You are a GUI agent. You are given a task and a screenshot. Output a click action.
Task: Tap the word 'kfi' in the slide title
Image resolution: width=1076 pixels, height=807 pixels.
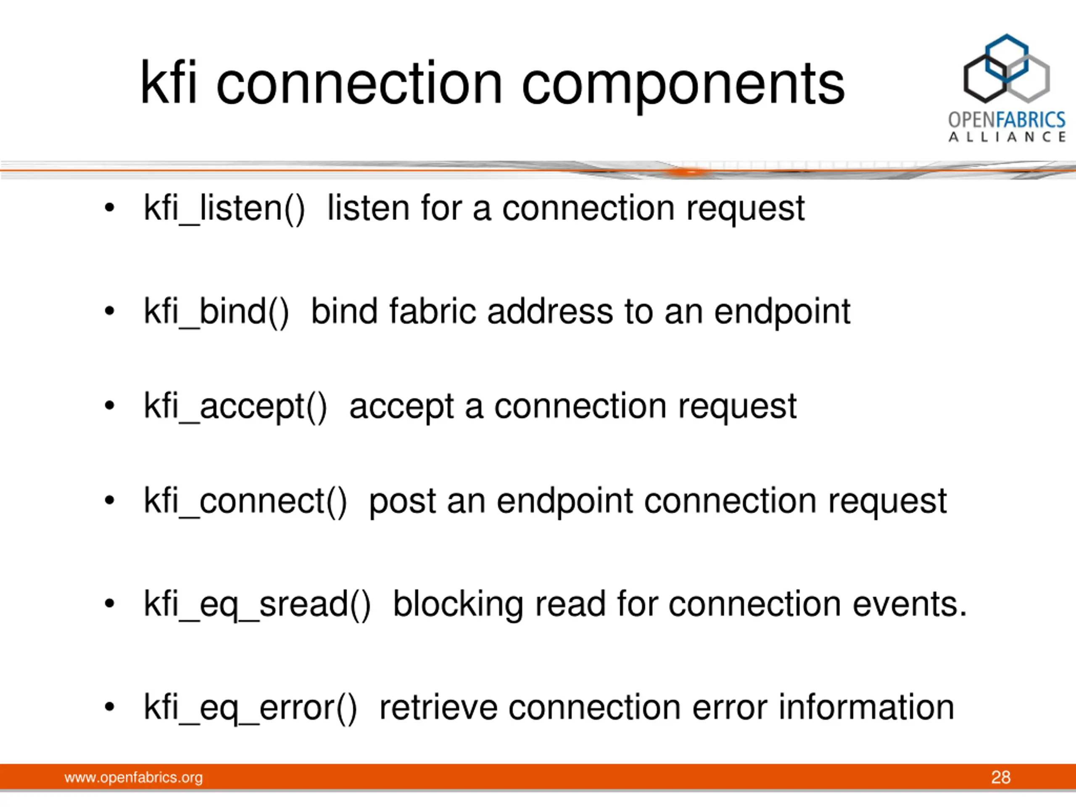168,82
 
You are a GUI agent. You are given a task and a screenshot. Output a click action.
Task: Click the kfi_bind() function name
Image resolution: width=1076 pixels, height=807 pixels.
216,312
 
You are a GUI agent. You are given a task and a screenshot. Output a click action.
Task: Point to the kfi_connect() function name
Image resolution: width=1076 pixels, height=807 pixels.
245,501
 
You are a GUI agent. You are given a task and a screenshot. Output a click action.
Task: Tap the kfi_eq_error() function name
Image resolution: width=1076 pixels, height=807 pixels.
251,708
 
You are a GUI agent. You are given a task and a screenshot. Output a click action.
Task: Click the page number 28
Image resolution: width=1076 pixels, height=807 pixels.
1001,777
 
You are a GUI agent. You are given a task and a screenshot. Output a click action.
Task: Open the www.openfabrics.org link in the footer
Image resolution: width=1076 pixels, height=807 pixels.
133,777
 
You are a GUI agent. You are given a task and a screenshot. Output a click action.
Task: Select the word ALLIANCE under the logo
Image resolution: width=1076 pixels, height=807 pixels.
1007,137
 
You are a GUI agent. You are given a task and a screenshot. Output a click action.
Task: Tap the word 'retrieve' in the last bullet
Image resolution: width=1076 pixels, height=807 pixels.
438,707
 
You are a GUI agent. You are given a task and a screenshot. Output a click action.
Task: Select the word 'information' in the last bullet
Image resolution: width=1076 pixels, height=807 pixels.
866,707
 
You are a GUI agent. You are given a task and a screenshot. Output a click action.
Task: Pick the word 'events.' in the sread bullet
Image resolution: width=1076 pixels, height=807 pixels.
910,604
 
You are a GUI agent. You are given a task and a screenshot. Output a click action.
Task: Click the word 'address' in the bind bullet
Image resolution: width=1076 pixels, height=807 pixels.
550,311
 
